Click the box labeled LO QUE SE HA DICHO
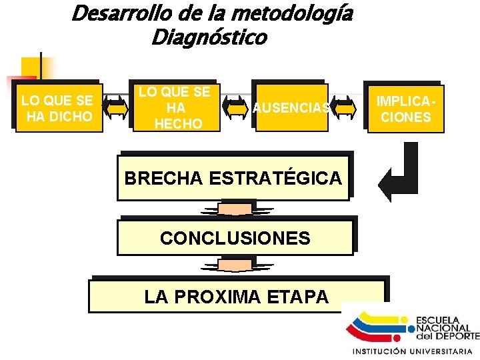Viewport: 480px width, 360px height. pos(59,109)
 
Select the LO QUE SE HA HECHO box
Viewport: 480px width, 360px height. pos(175,108)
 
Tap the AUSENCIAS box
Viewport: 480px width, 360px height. pos(291,107)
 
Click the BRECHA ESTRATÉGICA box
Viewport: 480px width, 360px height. pos(233,178)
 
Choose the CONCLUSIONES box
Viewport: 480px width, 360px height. pos(235,238)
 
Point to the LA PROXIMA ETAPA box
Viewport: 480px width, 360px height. pos(237,297)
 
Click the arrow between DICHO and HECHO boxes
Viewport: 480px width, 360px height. pos(117,108)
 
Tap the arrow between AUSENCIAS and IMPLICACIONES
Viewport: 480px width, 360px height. pos(345,108)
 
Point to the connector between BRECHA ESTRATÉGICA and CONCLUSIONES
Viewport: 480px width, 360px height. pos(235,209)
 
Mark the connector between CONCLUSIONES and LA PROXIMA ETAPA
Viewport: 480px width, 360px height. pos(235,266)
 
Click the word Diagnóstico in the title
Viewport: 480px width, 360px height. pos(209,37)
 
